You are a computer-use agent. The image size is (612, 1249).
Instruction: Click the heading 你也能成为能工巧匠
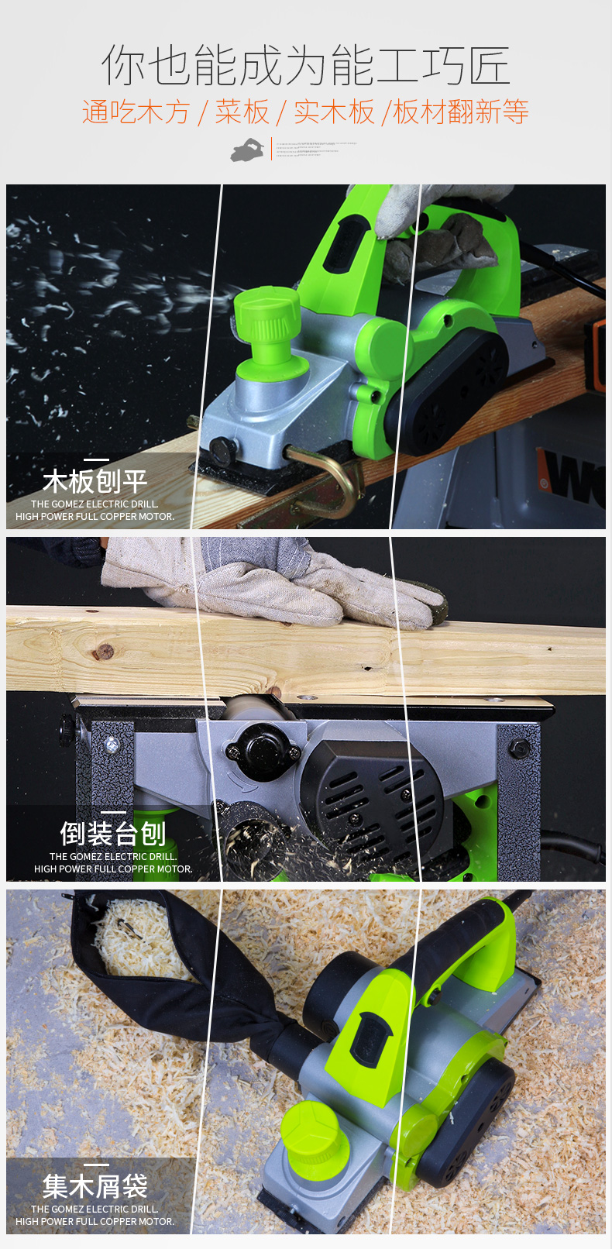(305, 65)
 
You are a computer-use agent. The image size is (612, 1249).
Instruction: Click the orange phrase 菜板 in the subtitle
(242, 112)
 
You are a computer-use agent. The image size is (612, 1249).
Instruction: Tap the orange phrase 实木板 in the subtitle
(334, 112)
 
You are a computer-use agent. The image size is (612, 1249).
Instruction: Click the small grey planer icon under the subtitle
(247, 150)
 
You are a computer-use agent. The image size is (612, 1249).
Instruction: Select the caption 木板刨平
(95, 481)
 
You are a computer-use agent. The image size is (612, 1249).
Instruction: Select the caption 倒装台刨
(113, 834)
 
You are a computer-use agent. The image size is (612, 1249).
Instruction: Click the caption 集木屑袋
(95, 1186)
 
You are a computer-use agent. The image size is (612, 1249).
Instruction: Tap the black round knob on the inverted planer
(261, 748)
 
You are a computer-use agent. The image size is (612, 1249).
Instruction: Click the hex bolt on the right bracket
(519, 748)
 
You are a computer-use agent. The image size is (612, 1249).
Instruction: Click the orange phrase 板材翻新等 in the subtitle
(461, 112)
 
